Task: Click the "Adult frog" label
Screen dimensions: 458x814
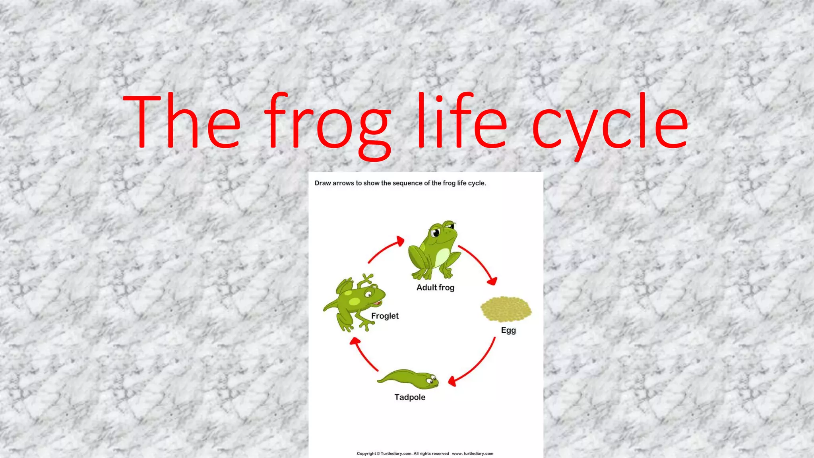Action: point(435,287)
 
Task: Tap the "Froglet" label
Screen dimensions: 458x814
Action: point(385,316)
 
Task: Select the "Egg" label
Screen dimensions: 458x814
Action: point(508,330)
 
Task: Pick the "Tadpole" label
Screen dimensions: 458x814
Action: point(410,397)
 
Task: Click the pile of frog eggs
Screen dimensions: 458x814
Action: point(506,309)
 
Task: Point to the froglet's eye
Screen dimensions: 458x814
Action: point(368,294)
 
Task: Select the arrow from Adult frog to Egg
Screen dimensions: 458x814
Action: point(479,263)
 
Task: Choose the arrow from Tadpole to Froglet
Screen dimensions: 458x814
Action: point(363,354)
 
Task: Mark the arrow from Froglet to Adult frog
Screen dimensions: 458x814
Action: point(385,250)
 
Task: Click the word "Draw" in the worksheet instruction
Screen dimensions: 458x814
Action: point(323,183)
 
